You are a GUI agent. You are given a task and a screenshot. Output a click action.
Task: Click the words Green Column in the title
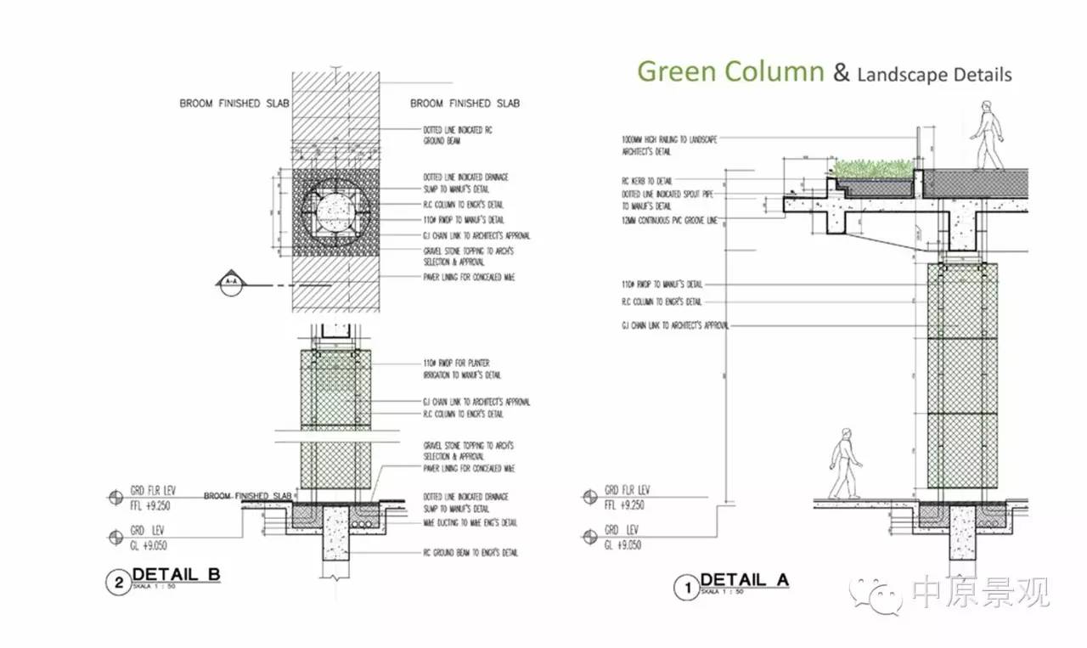(730, 71)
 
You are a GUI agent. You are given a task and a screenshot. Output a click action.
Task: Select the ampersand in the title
(841, 73)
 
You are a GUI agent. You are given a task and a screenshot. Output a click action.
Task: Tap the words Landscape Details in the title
(934, 75)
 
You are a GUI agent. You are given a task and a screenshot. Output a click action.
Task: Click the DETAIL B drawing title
(176, 575)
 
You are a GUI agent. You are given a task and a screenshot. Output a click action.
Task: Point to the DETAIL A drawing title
(744, 580)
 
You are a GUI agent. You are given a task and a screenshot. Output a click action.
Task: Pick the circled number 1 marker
(684, 586)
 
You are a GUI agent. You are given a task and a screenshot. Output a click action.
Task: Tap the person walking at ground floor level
(844, 463)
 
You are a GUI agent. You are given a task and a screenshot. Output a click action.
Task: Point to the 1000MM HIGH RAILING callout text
(670, 144)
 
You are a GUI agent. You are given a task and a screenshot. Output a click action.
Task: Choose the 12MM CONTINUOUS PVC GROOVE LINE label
(670, 220)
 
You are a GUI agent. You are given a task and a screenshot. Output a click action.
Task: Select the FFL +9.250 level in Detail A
(623, 504)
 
